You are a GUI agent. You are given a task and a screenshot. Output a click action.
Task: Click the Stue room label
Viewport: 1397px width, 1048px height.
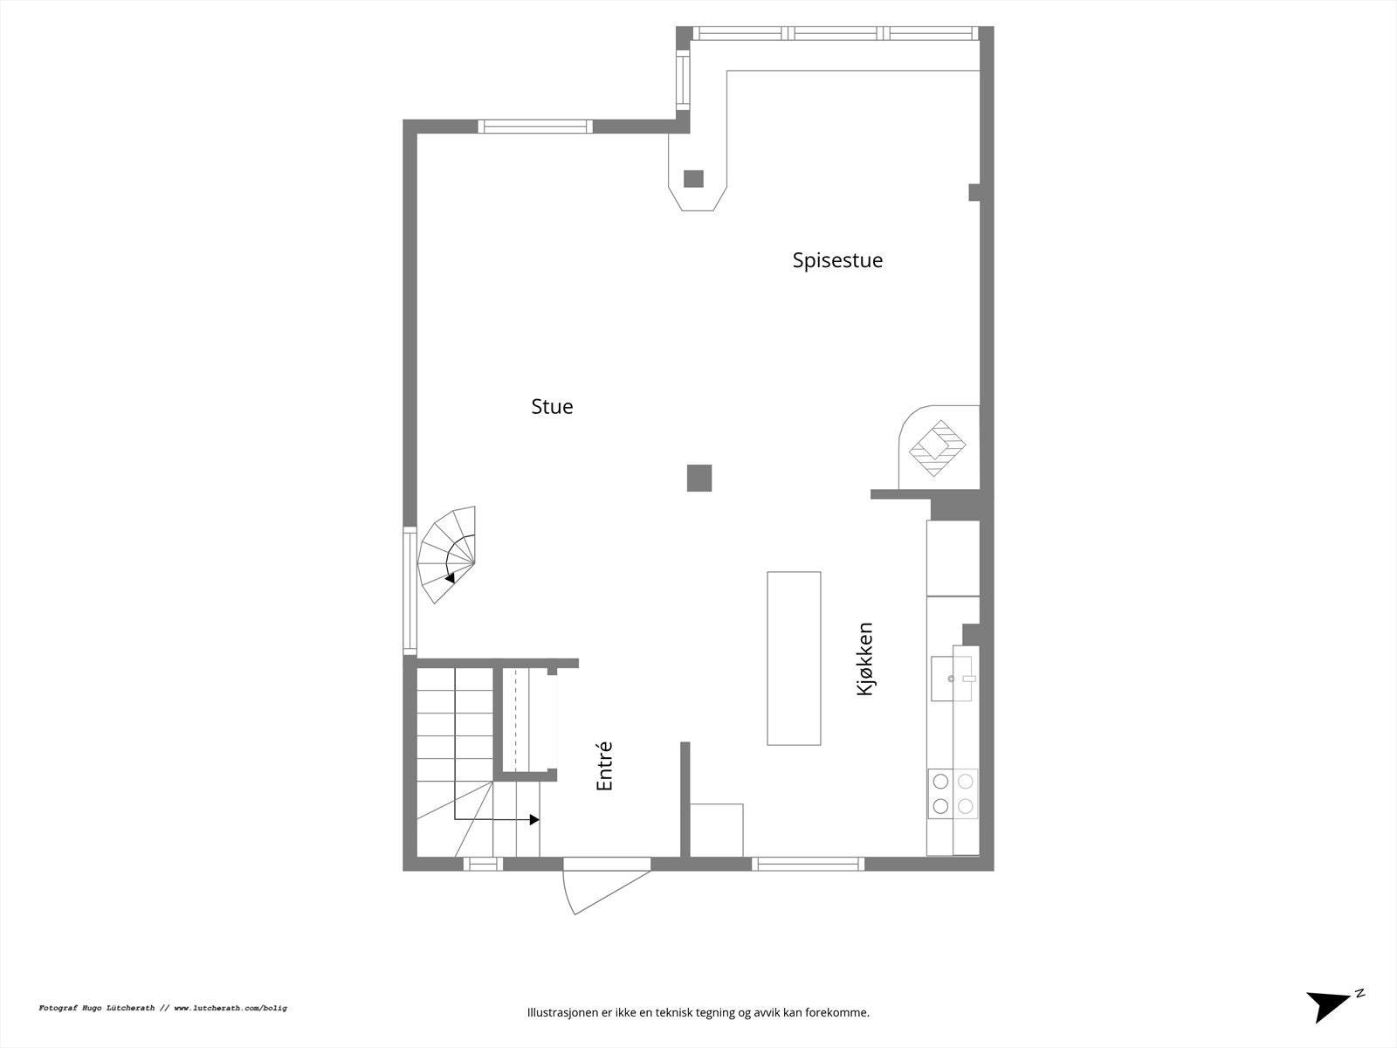(552, 406)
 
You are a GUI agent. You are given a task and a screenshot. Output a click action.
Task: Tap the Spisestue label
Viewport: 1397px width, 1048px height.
(837, 260)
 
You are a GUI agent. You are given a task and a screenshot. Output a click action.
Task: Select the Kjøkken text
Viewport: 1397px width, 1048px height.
(865, 658)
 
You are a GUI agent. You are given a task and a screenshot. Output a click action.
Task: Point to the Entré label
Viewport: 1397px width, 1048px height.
(604, 767)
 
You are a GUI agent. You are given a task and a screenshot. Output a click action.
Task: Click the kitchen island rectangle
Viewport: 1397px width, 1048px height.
(794, 658)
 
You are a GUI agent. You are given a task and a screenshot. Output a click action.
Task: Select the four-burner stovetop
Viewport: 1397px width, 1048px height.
(953, 794)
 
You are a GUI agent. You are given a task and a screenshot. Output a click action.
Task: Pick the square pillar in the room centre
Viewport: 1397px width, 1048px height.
(699, 479)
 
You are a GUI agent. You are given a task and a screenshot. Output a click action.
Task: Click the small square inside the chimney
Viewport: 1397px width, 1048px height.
(693, 179)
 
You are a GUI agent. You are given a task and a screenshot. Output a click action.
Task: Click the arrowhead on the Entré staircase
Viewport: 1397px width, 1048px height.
(534, 820)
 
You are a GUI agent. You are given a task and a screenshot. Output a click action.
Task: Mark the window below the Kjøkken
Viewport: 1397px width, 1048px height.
(808, 864)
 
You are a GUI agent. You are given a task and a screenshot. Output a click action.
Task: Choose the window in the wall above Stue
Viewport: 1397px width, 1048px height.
(535, 127)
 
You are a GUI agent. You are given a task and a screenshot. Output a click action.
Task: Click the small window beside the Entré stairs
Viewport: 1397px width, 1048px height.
(483, 865)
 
